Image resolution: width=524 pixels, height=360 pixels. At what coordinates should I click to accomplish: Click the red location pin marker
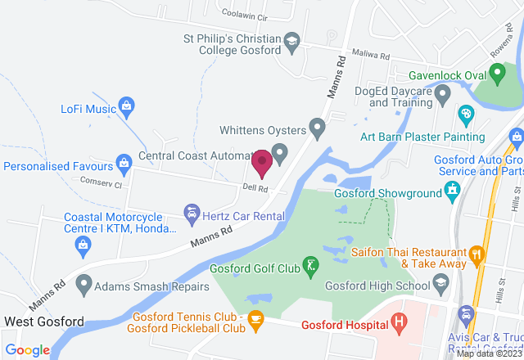[262, 162]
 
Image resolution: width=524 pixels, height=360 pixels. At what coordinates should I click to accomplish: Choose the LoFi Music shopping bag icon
[126, 106]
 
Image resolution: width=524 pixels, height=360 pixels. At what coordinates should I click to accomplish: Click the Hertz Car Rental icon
[192, 214]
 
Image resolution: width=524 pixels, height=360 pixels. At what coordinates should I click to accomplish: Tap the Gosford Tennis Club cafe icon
[256, 317]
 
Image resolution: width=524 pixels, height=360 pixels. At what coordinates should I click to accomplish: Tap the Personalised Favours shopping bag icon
[124, 162]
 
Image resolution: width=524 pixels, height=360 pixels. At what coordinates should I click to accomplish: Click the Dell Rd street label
[255, 188]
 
